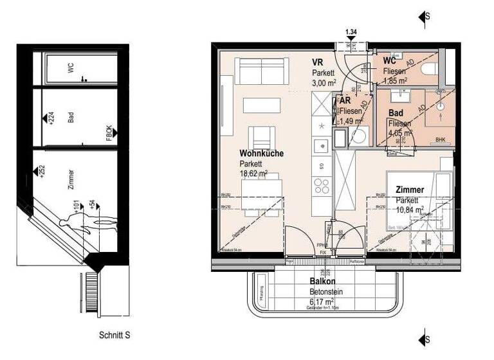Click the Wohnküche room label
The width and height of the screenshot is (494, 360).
tap(262, 154)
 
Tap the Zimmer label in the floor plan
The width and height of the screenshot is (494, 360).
tap(410, 190)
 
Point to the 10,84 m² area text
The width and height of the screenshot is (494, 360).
tap(410, 209)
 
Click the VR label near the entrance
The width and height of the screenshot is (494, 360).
tap(317, 62)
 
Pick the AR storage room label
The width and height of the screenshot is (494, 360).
tap(345, 101)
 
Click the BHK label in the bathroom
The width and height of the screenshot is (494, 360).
tap(440, 139)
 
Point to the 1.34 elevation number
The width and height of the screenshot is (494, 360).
tap(351, 32)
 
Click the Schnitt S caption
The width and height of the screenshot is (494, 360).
tap(115, 335)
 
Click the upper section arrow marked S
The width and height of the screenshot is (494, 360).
tap(423, 17)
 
